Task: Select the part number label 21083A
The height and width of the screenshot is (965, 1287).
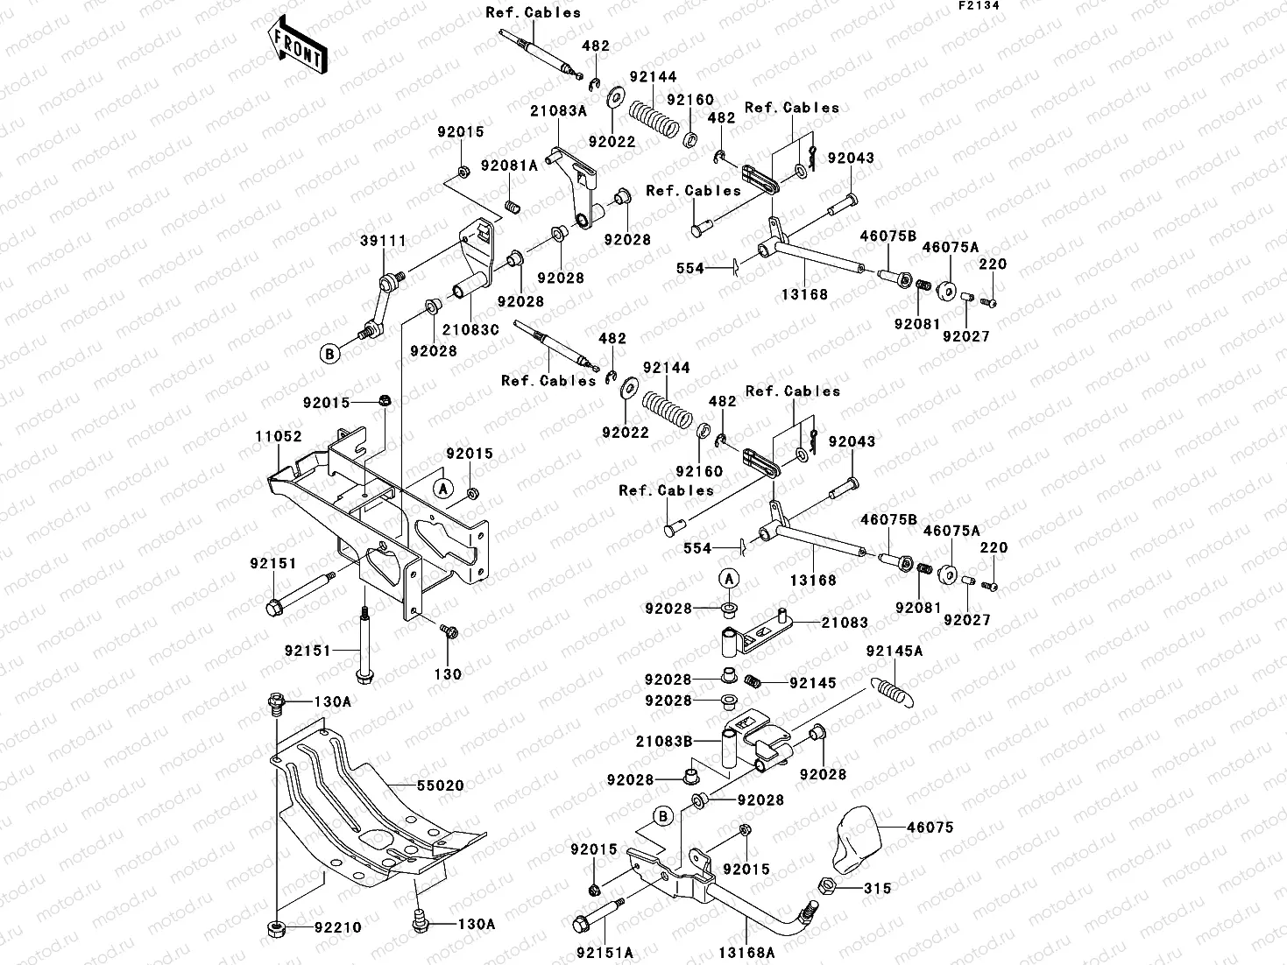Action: coord(558,111)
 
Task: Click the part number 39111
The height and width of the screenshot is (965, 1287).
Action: coord(376,241)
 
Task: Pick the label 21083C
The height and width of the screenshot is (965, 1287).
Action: coord(470,329)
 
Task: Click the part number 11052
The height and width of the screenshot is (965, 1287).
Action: coord(279,436)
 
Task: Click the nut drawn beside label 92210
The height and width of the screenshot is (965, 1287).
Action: coord(277,926)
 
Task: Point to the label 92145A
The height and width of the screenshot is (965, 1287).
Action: coord(894,652)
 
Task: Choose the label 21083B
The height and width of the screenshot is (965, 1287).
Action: coord(664,741)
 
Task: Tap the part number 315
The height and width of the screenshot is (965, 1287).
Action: coord(877,888)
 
